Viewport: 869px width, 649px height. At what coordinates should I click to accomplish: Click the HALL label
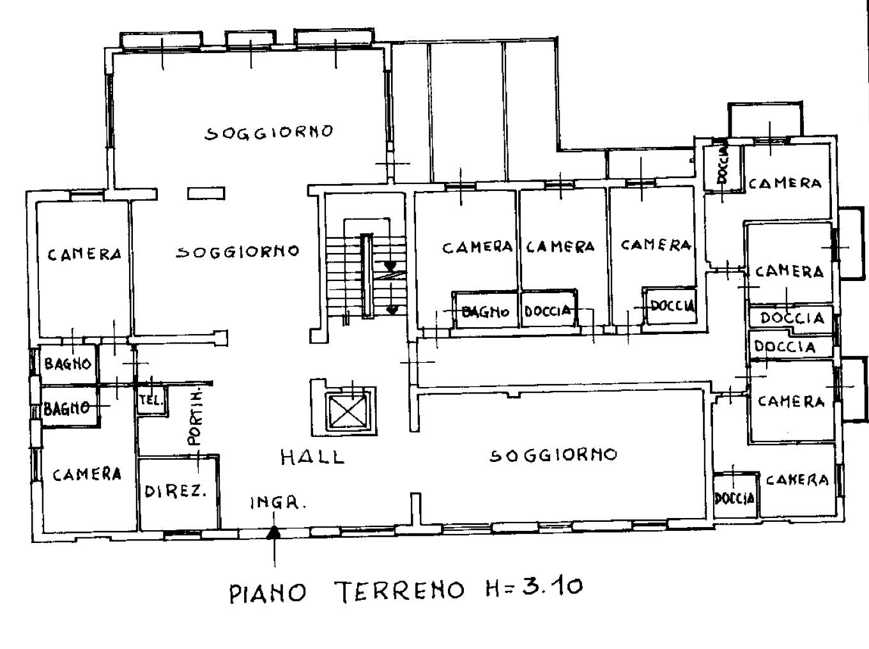coord(312,457)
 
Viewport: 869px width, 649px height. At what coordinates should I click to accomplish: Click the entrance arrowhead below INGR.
coord(273,533)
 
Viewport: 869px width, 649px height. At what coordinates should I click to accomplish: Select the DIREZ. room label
coord(176,491)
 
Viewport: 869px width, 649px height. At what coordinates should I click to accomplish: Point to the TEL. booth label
coord(151,400)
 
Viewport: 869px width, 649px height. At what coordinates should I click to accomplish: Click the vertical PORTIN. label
coord(195,418)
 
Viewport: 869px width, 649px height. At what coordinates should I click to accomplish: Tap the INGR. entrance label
coord(279,503)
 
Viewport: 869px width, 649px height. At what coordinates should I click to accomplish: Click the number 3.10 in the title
coord(552,586)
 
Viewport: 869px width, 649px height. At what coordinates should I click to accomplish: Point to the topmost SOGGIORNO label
coord(269,132)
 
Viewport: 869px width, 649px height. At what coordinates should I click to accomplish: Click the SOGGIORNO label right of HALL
coord(553,455)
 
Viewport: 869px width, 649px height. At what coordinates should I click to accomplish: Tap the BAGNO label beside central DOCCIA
coord(486,312)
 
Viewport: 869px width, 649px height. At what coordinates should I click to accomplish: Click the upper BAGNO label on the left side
coord(68,363)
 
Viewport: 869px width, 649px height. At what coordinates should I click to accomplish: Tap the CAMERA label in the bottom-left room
coord(87,474)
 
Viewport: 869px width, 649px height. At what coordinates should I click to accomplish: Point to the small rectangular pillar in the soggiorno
coord(206,194)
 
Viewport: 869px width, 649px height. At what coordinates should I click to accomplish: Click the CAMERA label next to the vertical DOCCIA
coord(785,183)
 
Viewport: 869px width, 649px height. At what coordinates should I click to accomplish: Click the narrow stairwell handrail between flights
coord(367,276)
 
